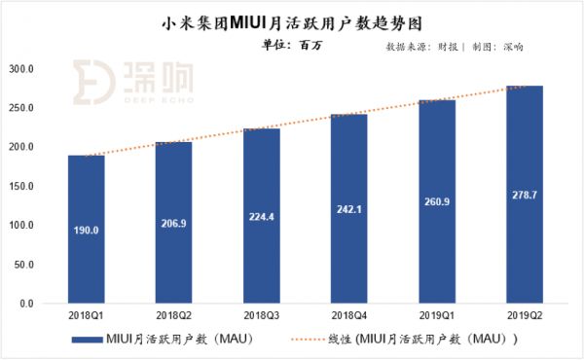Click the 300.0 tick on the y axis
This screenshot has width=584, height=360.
21,69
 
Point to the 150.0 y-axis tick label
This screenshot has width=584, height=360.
21,186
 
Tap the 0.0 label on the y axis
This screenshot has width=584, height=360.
27,304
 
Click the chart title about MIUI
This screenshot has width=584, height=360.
292,18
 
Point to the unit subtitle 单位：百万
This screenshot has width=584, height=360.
292,44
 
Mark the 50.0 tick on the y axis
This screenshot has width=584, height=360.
24,265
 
